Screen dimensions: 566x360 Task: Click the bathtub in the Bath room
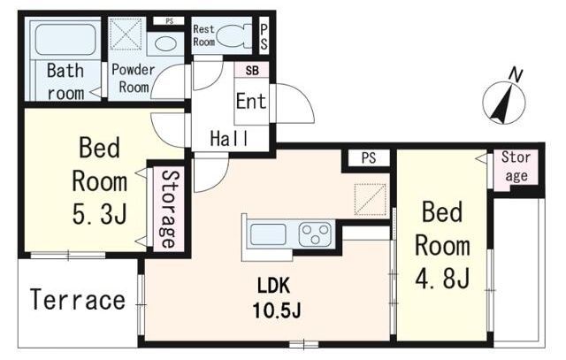point(65,40)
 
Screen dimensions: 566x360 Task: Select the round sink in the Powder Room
point(166,43)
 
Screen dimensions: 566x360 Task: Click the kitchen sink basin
point(268,234)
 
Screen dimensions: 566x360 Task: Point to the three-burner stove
point(315,234)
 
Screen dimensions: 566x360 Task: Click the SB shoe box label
point(252,71)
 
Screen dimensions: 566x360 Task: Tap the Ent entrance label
point(251,101)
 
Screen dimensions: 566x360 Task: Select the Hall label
point(230,138)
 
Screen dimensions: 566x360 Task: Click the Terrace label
point(78,300)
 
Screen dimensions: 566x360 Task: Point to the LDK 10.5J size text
point(277,298)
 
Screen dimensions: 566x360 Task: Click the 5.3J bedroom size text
point(100,214)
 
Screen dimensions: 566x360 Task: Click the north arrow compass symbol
point(504,99)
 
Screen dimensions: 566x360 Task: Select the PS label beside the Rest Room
point(264,37)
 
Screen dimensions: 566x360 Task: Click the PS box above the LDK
point(369,157)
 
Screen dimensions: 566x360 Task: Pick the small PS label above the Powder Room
point(169,21)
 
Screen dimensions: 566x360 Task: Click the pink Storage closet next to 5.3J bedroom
point(169,209)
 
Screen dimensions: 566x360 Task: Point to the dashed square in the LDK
point(371,200)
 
